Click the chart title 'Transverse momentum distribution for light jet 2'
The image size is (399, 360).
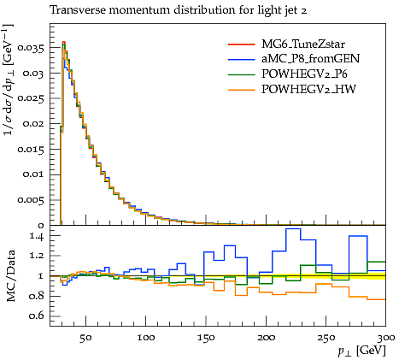(x=179, y=11)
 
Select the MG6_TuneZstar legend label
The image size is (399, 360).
(x=303, y=44)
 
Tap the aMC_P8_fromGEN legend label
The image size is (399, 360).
(x=311, y=59)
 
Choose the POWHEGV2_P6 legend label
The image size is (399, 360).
(x=304, y=74)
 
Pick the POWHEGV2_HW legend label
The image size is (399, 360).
(x=308, y=90)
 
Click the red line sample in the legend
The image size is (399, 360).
(x=241, y=44)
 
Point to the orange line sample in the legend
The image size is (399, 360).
(x=241, y=90)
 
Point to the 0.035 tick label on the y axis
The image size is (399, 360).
(x=31, y=48)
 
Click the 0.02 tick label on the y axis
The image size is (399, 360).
(x=33, y=124)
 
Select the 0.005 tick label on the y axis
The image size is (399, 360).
(x=31, y=200)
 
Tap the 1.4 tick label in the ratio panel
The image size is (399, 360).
(x=37, y=236)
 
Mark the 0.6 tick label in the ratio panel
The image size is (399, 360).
(x=37, y=316)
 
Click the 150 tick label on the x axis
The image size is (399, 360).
(x=206, y=338)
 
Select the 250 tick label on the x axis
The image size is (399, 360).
(x=326, y=338)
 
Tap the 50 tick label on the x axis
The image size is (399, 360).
(x=85, y=338)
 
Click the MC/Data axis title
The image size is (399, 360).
(x=10, y=276)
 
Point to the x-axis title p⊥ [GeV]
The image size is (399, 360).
(x=361, y=351)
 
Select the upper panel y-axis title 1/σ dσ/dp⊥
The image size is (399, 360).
(x=9, y=80)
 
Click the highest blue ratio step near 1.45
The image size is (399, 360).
(x=293, y=228)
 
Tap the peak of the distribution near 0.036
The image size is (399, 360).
(x=64, y=42)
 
